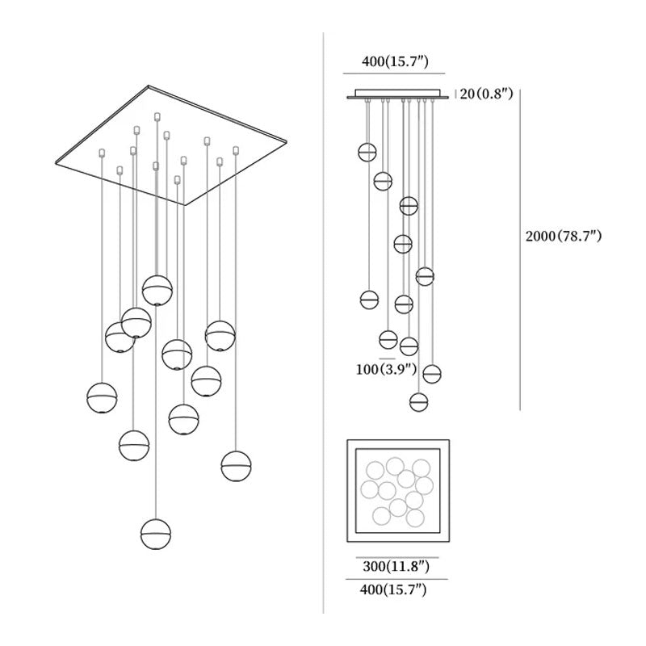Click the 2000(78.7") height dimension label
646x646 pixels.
pos(564,237)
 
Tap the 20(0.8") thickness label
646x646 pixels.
pos(486,94)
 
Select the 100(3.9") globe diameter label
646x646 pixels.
pos(385,370)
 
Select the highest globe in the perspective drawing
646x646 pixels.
pos(157,289)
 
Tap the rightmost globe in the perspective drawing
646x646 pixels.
pos(236,466)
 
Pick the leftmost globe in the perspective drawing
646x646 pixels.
pos(103,397)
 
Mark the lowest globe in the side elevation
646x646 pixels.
pos(418,401)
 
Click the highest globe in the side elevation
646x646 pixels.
pos(368,152)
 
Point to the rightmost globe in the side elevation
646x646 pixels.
pos(432,374)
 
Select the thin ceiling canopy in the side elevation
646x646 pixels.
pos(396,95)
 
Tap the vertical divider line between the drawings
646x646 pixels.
pos(323,323)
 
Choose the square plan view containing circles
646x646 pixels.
pos(398,492)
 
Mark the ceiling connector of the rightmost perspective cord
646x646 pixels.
pos(236,150)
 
